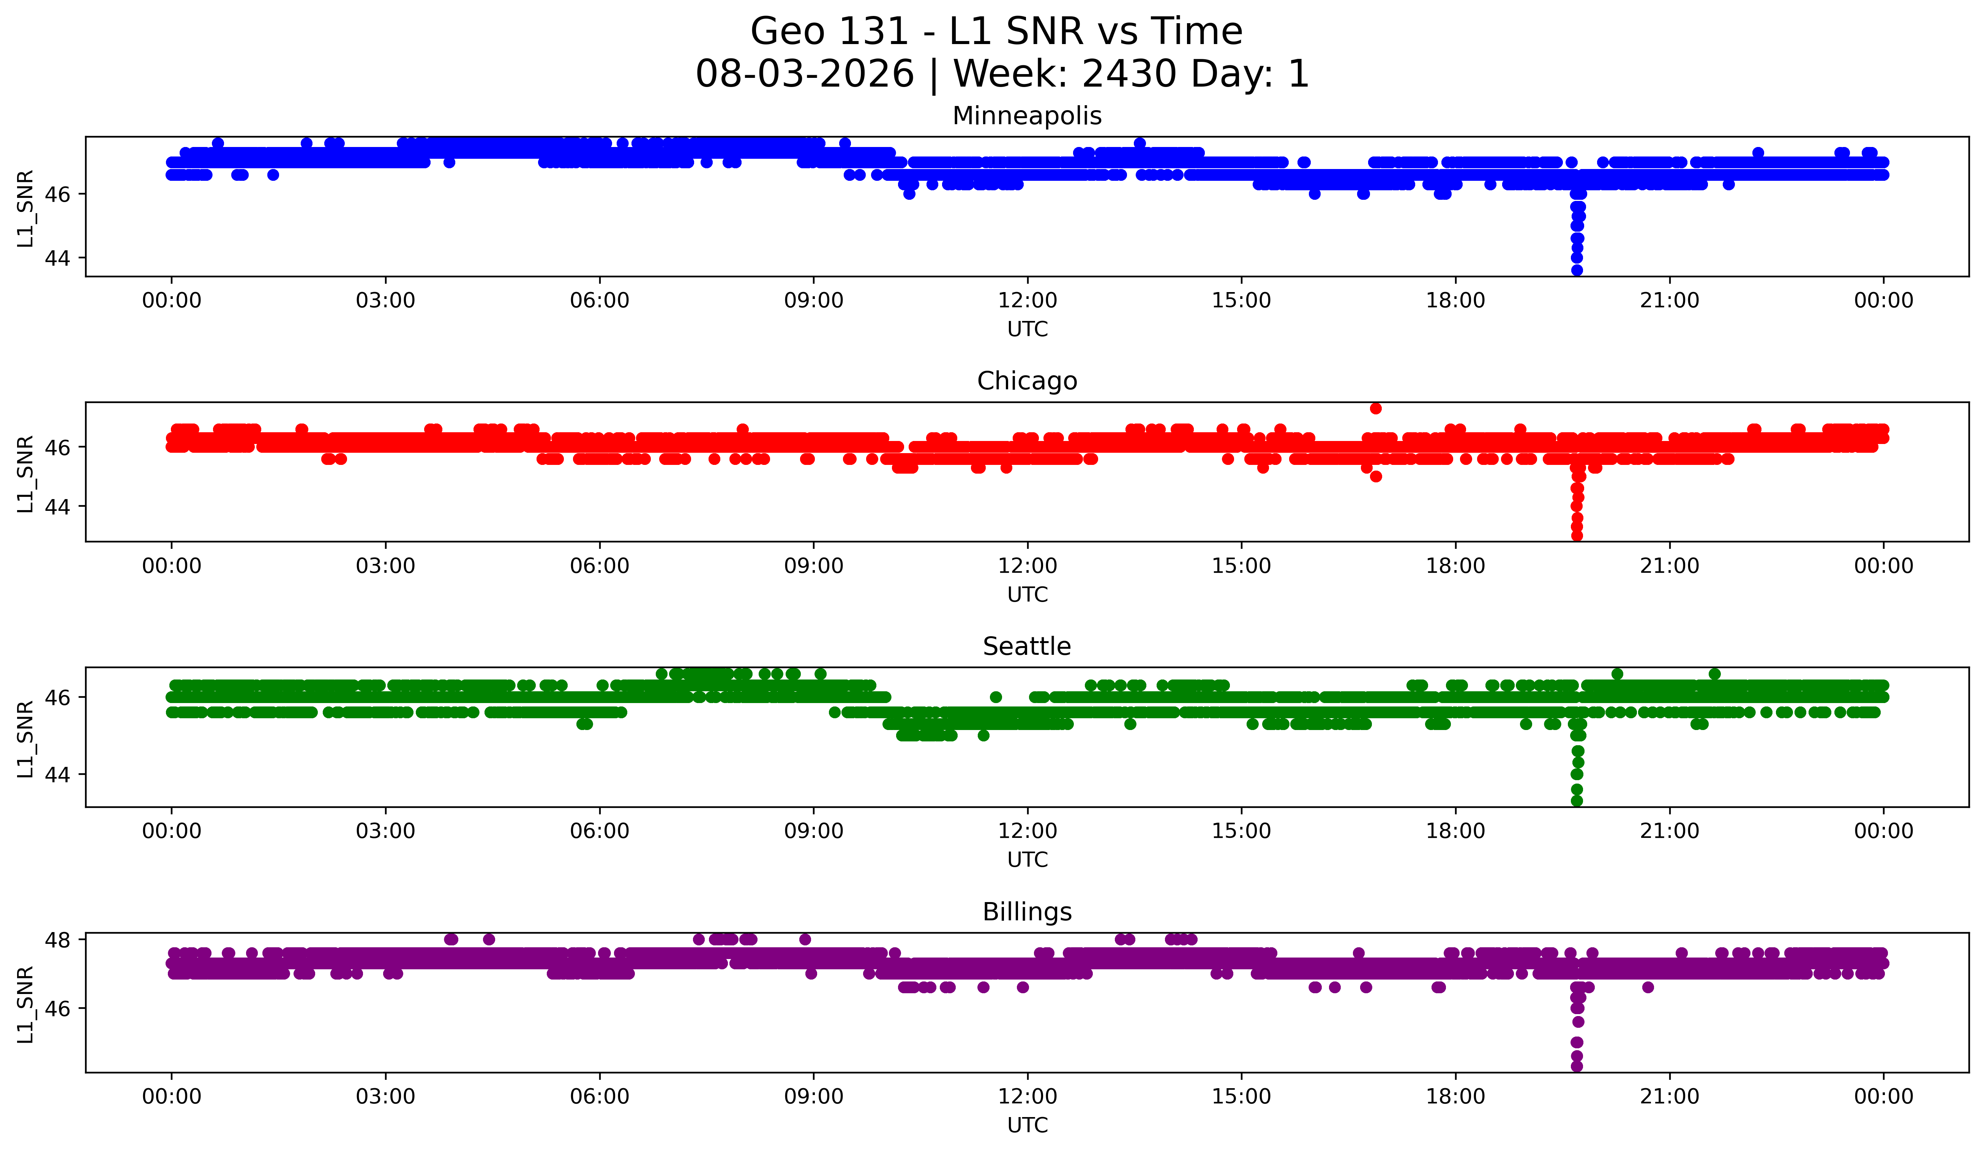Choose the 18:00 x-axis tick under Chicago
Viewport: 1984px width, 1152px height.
pyautogui.click(x=1455, y=566)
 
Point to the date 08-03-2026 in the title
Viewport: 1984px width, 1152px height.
pyautogui.click(x=804, y=74)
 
